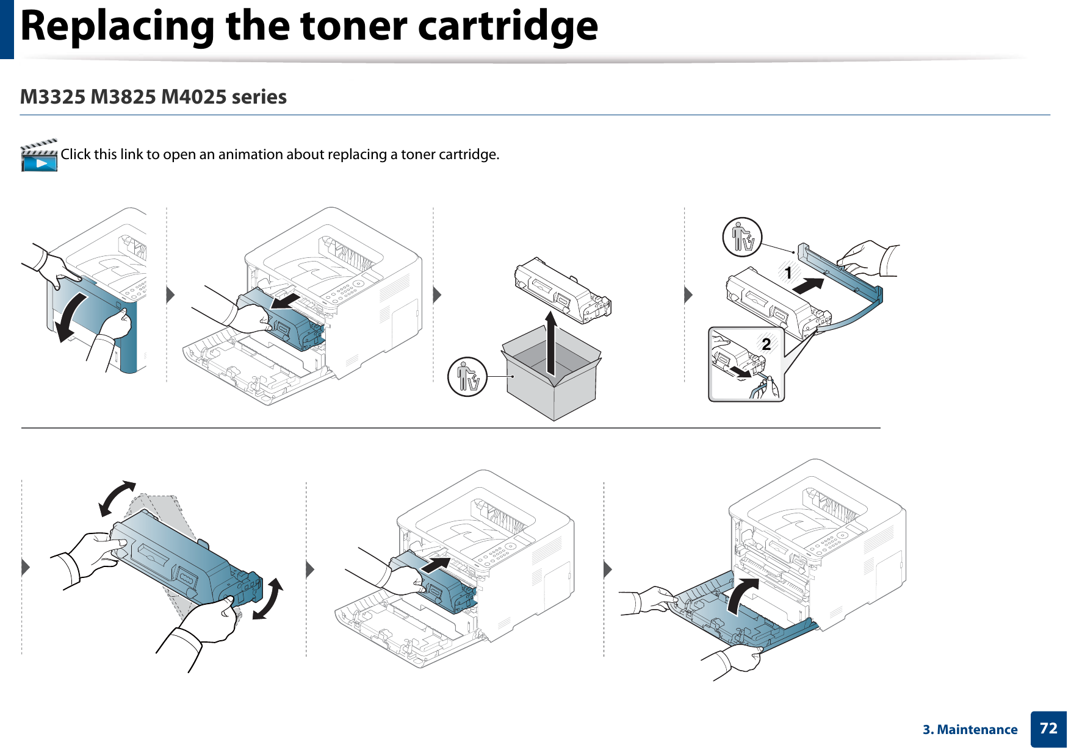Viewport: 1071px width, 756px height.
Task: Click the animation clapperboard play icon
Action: pyautogui.click(x=39, y=156)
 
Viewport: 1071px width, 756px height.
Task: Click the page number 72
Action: pyautogui.click(x=1048, y=729)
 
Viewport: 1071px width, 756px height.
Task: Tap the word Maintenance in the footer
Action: pyautogui.click(x=977, y=730)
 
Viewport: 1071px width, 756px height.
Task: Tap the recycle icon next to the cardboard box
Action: pyautogui.click(x=467, y=377)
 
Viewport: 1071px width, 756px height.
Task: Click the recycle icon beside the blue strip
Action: pyautogui.click(x=742, y=237)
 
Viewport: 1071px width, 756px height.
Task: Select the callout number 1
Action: pyautogui.click(x=788, y=273)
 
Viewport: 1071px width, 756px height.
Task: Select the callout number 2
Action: pyautogui.click(x=766, y=344)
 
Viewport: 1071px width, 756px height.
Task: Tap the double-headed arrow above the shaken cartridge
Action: pyautogui.click(x=117, y=497)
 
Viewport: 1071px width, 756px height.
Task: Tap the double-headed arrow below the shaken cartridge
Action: pyautogui.click(x=269, y=599)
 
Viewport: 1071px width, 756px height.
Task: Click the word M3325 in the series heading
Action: pyautogui.click(x=52, y=97)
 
